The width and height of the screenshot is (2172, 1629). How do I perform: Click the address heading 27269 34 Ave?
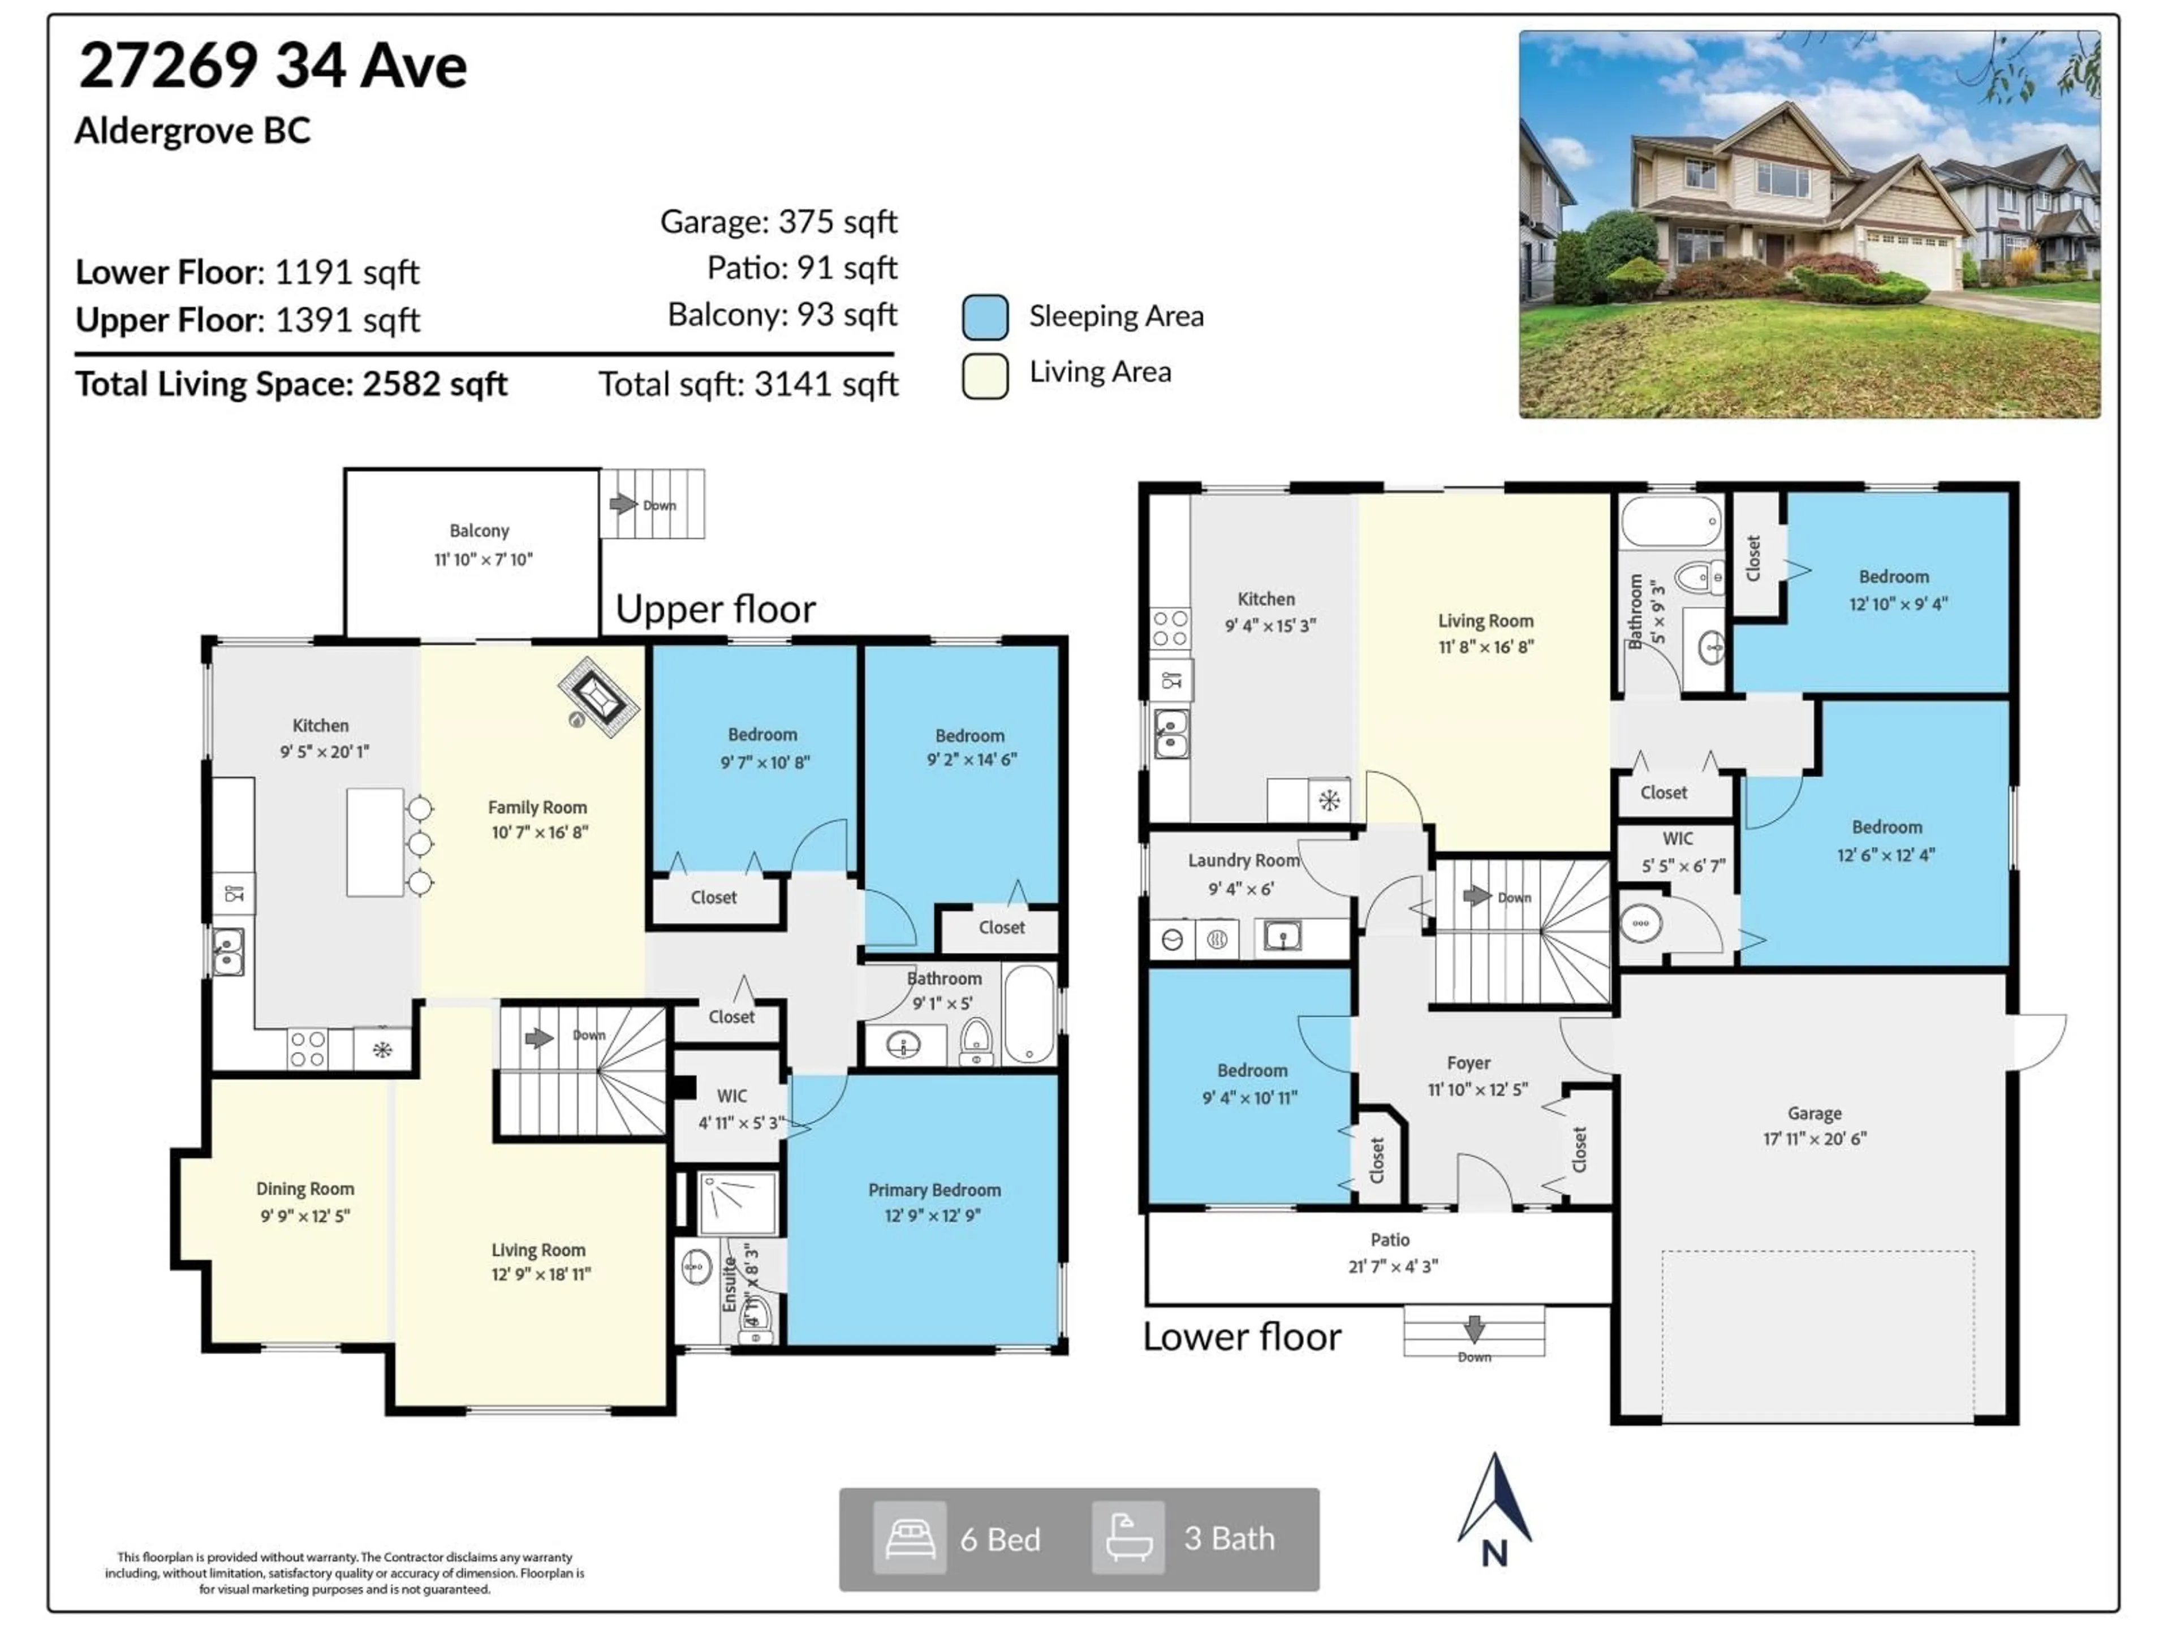point(273,67)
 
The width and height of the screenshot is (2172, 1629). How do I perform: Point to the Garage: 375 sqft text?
point(778,222)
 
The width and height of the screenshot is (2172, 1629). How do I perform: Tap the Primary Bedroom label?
point(934,1190)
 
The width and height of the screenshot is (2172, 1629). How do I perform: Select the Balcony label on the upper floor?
point(479,531)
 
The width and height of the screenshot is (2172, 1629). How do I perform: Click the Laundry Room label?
point(1243,861)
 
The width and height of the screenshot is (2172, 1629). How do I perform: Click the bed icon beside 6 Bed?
point(910,1538)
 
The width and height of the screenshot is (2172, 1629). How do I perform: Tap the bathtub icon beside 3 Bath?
point(1128,1538)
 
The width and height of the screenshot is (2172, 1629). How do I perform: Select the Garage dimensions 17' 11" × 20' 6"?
point(1813,1139)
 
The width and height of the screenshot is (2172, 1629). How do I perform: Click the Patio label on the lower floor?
point(1389,1240)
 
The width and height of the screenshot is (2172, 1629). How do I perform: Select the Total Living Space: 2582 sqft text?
point(292,384)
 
